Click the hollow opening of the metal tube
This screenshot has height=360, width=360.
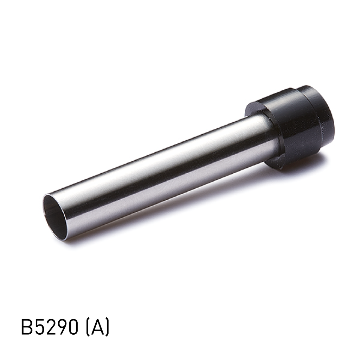[x=55, y=216]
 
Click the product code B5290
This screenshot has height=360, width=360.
[x=49, y=328]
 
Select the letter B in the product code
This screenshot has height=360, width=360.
[x=27, y=328]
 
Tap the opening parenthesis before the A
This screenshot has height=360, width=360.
[x=88, y=328]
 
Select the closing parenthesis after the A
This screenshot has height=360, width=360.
[x=107, y=328]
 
